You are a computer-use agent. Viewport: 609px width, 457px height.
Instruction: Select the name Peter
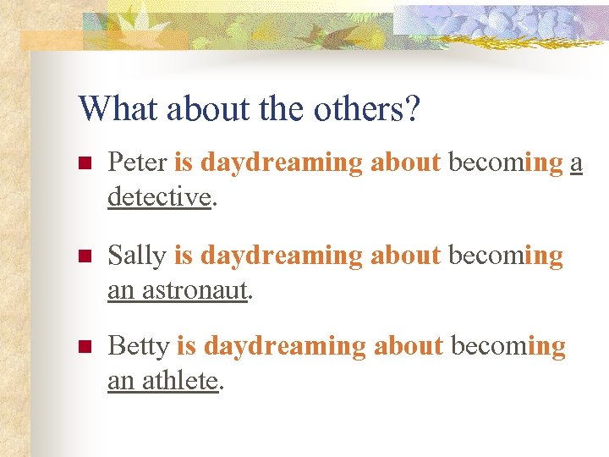[x=137, y=162]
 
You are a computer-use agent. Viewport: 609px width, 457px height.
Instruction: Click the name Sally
[x=137, y=255]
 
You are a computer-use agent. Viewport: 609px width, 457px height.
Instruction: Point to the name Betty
[x=139, y=346]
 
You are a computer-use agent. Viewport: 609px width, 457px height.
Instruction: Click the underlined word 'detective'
[x=158, y=197]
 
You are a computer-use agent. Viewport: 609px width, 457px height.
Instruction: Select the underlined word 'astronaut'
[x=195, y=290]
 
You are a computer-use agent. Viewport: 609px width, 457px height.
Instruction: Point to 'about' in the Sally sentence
[x=405, y=255]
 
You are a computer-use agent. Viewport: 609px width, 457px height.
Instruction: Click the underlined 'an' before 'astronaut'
[x=120, y=291]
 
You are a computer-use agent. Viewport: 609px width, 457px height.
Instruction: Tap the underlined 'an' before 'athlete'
[x=120, y=383]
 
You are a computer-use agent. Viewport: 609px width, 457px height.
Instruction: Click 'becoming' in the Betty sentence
[x=507, y=347]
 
